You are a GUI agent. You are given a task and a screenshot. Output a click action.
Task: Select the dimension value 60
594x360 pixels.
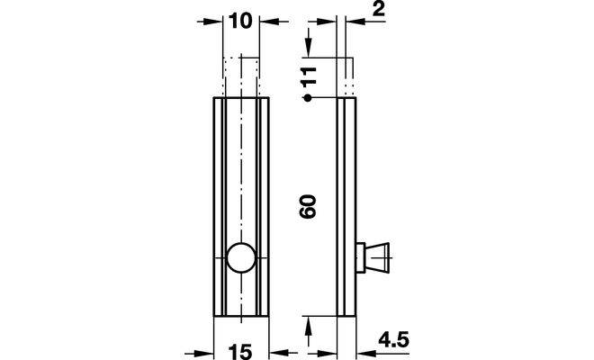[309, 208]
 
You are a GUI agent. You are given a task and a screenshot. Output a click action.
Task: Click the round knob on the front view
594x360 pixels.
[241, 257]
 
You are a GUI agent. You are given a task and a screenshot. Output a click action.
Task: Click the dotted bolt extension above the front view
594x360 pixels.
[241, 76]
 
